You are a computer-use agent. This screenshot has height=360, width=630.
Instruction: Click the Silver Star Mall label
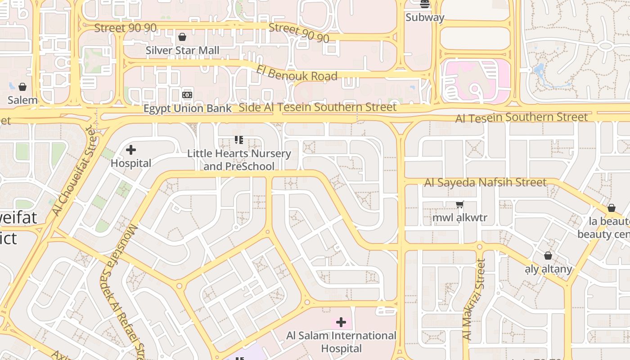coord(182,50)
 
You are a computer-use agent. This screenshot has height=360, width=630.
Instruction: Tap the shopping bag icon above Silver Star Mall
coord(182,37)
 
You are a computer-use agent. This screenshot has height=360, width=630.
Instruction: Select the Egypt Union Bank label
coord(187,108)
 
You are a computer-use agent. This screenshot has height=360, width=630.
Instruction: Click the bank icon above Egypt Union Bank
coord(187,95)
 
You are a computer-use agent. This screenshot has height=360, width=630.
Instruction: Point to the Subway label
coord(425,18)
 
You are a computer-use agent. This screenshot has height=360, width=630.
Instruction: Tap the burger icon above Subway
coord(425,4)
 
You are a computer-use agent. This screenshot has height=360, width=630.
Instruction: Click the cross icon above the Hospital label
coord(131,150)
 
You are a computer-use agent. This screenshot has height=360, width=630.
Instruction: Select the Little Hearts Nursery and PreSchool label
coord(239,160)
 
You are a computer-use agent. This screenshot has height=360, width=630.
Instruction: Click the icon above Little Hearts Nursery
coord(239,140)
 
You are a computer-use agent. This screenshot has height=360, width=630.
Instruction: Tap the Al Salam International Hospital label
coord(341,342)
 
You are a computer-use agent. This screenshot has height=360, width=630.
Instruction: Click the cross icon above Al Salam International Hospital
coord(341,322)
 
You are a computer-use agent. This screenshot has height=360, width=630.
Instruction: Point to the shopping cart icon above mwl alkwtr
coord(459,205)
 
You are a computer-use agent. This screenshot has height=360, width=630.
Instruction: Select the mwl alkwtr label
coord(459,218)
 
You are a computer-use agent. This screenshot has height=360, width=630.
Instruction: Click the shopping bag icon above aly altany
coord(548,256)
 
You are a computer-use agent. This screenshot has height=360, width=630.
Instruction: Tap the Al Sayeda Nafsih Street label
coord(485,182)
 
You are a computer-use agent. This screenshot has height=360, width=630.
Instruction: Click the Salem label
coord(22,100)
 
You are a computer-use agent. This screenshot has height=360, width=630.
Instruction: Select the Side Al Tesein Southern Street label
coord(317,107)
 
